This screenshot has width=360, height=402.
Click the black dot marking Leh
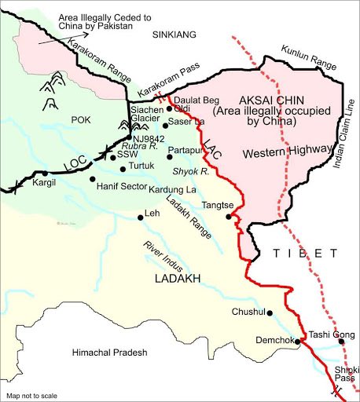141,217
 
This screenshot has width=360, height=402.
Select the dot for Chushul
270,313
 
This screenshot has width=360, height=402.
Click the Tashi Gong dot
341,342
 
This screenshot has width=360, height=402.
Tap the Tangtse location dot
229,217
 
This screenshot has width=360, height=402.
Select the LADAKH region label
178,279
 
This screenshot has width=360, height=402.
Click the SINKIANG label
179,35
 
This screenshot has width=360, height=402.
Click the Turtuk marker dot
123,168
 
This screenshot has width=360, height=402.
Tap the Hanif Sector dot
93,179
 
